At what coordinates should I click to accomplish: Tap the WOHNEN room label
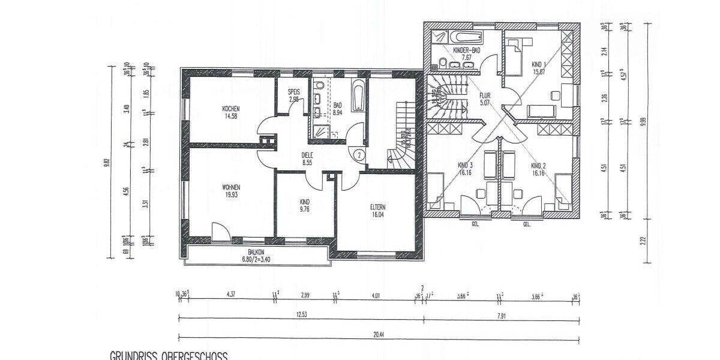click(230, 187)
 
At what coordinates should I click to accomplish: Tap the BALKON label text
click(257, 253)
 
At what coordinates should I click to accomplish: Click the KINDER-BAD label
click(466, 50)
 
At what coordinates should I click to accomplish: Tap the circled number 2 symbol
click(358, 154)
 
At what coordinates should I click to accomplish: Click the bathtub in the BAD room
click(358, 95)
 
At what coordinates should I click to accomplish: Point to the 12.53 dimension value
click(302, 315)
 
